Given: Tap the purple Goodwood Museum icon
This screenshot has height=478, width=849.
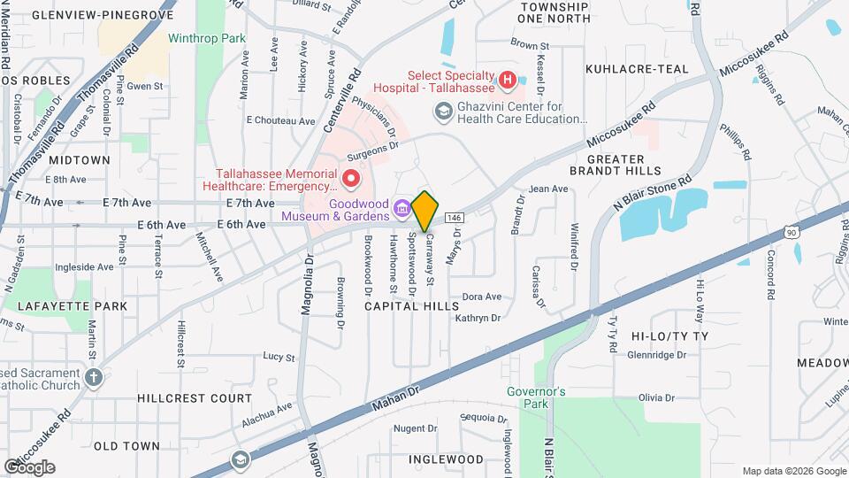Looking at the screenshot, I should click(x=402, y=209).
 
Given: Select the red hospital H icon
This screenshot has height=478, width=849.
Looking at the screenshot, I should click(x=507, y=81).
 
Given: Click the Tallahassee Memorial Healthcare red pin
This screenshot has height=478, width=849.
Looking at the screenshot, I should click(x=351, y=179).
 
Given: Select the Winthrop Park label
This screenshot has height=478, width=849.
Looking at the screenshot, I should click(x=206, y=39).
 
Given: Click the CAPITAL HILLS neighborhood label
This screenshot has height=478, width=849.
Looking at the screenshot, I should click(x=412, y=306).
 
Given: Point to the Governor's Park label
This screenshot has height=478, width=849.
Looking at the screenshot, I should click(x=536, y=397).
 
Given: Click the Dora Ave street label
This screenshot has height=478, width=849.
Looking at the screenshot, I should click(x=482, y=297).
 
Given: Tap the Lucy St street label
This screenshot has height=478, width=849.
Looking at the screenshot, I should click(x=279, y=357).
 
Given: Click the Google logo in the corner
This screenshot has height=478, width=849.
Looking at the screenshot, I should click(x=29, y=466).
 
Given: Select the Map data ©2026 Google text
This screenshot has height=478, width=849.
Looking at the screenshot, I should click(x=792, y=471).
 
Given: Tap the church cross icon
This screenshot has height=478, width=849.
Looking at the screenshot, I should click(x=95, y=377).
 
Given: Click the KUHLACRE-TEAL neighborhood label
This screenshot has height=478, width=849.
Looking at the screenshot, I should click(x=637, y=68).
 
